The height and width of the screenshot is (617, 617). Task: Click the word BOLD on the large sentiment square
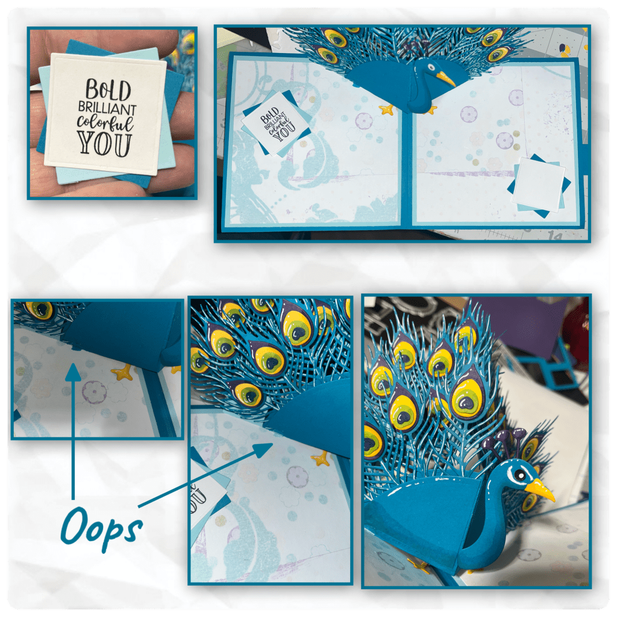(x=108, y=90)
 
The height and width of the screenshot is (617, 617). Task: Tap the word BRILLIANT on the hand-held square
(x=107, y=108)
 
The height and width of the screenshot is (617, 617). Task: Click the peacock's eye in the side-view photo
(x=520, y=476)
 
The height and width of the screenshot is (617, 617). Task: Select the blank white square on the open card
(x=538, y=185)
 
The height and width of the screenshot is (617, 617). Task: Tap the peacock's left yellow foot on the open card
(x=386, y=110)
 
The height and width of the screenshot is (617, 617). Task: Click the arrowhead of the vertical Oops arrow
(x=73, y=372)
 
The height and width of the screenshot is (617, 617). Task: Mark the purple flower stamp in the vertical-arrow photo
(x=93, y=392)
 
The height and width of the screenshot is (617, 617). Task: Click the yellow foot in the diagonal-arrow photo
(x=321, y=459)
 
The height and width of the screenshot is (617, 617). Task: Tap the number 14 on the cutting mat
(x=555, y=236)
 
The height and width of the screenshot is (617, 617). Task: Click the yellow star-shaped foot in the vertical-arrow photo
(x=123, y=372)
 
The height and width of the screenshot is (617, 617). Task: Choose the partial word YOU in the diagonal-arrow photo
(x=199, y=500)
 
